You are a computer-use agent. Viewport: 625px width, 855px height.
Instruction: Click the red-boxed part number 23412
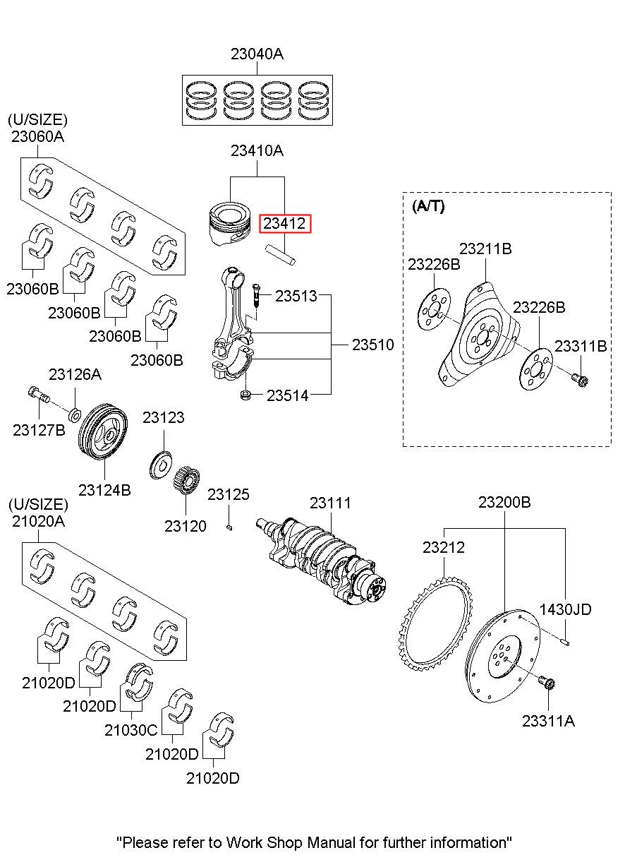pos(285,225)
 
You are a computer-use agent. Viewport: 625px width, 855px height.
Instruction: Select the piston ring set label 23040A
pos(257,54)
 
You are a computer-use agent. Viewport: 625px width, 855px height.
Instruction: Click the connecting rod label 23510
pos(373,345)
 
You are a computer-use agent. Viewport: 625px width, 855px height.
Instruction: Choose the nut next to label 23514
pos(246,395)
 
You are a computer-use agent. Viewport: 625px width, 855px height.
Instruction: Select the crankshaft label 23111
pos(330,503)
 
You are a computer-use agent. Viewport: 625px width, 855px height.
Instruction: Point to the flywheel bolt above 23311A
pos(547,683)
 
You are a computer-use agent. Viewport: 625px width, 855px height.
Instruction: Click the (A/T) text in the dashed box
pos(428,207)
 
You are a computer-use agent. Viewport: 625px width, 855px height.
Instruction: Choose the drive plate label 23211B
pos(485,249)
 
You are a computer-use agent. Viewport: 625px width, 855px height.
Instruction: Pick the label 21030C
pos(131,730)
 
